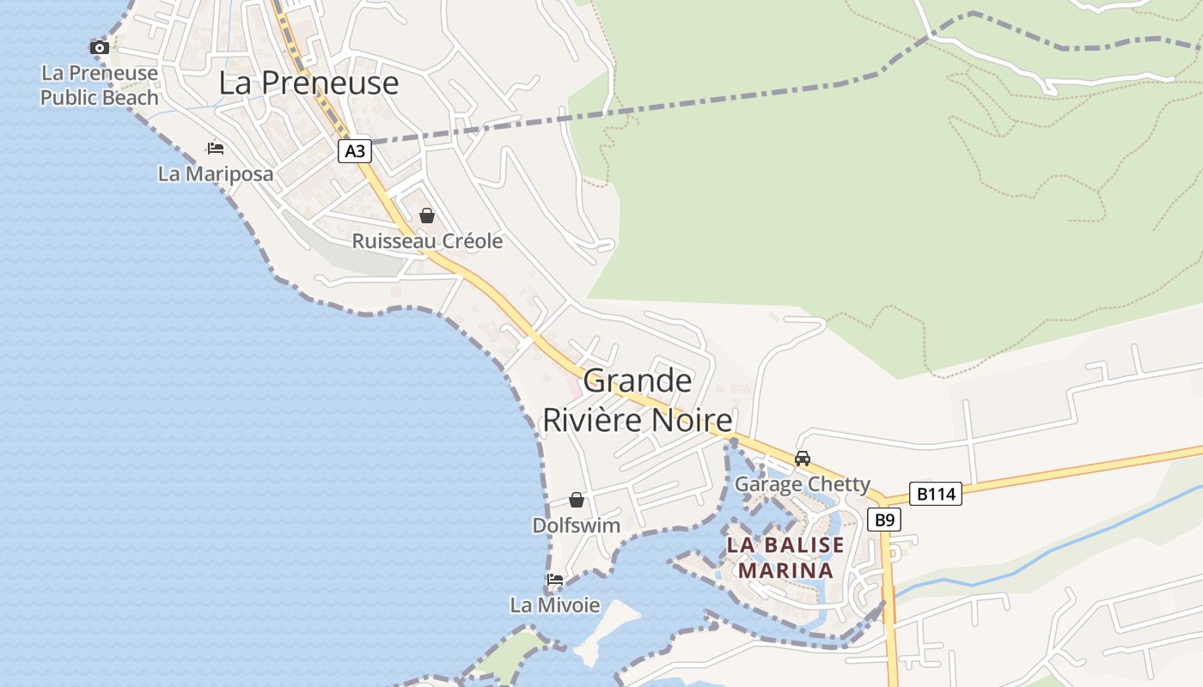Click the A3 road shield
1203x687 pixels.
pyautogui.click(x=354, y=152)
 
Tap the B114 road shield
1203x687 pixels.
pyautogui.click(x=935, y=494)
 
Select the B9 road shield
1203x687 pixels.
pyautogui.click(x=884, y=520)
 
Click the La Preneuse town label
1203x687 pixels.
pyautogui.click(x=308, y=82)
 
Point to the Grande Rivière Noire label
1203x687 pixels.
pyautogui.click(x=638, y=400)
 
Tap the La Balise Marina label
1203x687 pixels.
pyautogui.click(x=785, y=557)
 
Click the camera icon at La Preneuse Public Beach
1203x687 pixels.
pyautogui.click(x=100, y=47)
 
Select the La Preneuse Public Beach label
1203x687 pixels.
pyautogui.click(x=100, y=85)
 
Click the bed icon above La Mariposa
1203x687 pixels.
pyautogui.click(x=216, y=149)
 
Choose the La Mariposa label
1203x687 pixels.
pyautogui.click(x=216, y=173)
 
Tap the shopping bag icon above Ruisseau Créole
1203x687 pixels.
pyautogui.click(x=427, y=215)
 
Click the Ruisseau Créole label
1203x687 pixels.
pyautogui.click(x=427, y=241)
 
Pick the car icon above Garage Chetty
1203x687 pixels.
pyautogui.click(x=803, y=459)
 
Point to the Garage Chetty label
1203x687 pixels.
pyautogui.click(x=803, y=484)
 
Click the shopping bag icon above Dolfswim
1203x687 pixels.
pyautogui.click(x=577, y=500)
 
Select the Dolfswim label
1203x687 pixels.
pyautogui.click(x=577, y=526)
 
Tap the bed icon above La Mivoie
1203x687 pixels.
pyautogui.click(x=555, y=580)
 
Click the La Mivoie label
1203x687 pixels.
pyautogui.click(x=555, y=605)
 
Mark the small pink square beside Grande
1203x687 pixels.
pyautogui.click(x=576, y=392)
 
